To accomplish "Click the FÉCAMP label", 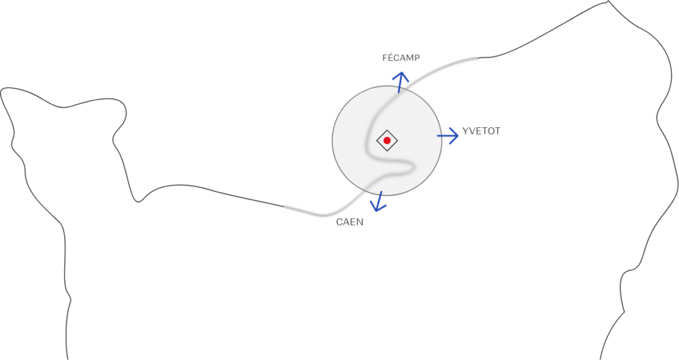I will click(x=401, y=58).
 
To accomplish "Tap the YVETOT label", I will click(x=481, y=131).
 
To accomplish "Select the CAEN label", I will click(x=349, y=222).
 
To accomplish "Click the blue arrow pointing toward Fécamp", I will click(x=400, y=82).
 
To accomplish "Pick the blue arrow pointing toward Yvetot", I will click(x=448, y=135).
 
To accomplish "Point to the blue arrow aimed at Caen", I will click(x=379, y=202).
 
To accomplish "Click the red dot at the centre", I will click(x=387, y=141).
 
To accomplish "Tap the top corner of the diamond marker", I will click(x=387, y=130).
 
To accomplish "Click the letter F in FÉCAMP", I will click(x=385, y=58).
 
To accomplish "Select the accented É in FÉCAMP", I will click(x=391, y=58).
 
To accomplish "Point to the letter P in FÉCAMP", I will click(x=416, y=58).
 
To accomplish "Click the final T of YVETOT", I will click(x=497, y=131).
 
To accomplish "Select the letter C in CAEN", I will click(x=339, y=222).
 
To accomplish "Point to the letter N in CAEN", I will click(x=360, y=222).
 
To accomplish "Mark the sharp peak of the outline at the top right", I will click(x=609, y=2).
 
